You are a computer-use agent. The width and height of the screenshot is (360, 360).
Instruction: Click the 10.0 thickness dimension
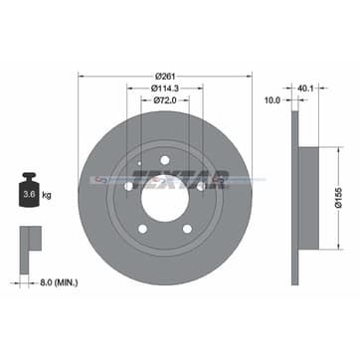272,100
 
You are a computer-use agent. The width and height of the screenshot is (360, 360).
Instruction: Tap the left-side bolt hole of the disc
128,185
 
